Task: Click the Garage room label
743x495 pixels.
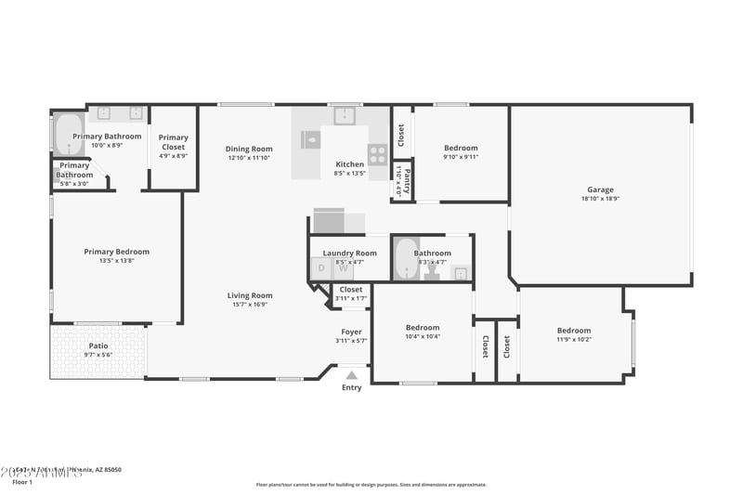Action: (600, 189)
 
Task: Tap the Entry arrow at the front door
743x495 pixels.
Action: (351, 376)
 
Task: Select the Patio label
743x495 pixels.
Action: (98, 345)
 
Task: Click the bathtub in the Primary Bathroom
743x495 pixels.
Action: (69, 135)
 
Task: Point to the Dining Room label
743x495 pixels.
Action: (249, 149)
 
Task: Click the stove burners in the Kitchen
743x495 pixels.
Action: (377, 154)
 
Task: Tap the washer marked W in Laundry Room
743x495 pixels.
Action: (343, 268)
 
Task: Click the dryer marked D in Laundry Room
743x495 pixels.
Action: (321, 268)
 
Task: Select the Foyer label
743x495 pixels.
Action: (351, 332)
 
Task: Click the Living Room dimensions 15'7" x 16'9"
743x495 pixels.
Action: (249, 305)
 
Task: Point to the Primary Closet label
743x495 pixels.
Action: (174, 142)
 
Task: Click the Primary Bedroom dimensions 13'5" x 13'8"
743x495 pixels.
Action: (116, 261)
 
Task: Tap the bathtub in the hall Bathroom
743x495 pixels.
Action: (406, 259)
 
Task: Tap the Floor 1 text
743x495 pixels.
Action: (22, 483)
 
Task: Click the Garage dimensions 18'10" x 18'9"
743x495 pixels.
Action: (600, 199)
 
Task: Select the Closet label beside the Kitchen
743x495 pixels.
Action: (401, 135)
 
